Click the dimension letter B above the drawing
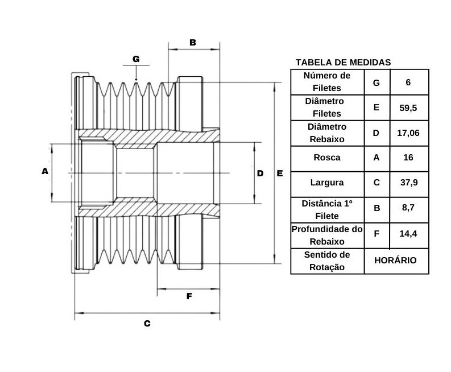tap(193, 43)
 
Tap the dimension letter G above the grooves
tap(136, 59)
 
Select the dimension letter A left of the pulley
tap(45, 171)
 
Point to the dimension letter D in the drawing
tap(260, 173)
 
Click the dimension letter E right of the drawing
tap(280, 173)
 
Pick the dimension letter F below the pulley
tap(189, 296)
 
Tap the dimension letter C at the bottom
tap(147, 324)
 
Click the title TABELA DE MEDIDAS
tap(343, 63)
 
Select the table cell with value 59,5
tap(408, 108)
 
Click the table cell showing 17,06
tap(408, 133)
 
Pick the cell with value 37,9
tap(409, 183)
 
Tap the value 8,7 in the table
tap(408, 208)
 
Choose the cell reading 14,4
tap(408, 233)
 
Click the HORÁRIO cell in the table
tap(395, 260)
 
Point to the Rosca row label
tap(327, 158)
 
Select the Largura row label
tap(327, 183)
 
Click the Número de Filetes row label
tap(327, 82)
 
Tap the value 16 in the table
tap(408, 158)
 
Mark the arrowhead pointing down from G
tap(136, 78)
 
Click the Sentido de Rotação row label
tap(327, 261)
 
